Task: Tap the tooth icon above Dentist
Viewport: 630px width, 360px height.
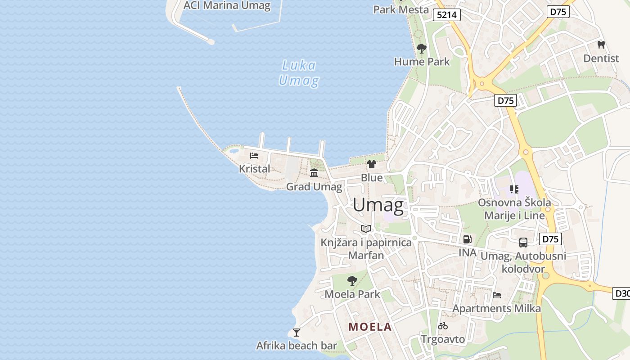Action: click(x=601, y=45)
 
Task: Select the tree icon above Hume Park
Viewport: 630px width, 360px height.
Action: click(x=422, y=49)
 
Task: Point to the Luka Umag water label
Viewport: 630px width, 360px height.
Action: click(x=299, y=73)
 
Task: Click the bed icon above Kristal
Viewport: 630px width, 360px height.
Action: click(x=254, y=156)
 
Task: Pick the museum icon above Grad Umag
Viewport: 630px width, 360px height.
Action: click(x=314, y=173)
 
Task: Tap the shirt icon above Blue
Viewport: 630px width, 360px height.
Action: click(x=372, y=164)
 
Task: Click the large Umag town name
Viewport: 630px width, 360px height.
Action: click(x=378, y=205)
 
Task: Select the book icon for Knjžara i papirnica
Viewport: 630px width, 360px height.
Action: click(x=366, y=229)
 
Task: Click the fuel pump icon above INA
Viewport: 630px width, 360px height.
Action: click(x=468, y=239)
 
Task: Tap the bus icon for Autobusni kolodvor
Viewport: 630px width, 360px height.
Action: click(x=523, y=243)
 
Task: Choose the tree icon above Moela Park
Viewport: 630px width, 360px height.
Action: click(x=352, y=281)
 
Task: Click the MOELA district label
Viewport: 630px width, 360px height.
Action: click(x=370, y=327)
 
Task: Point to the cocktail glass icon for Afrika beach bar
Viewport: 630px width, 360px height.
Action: click(x=297, y=333)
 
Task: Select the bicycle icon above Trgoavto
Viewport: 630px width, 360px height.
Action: click(x=443, y=326)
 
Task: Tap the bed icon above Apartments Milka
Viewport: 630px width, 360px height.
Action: click(x=497, y=295)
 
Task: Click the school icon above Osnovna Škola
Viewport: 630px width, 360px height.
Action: click(x=514, y=189)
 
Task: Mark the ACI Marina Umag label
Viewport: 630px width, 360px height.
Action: click(x=227, y=6)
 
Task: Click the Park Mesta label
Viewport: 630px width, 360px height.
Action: click(x=401, y=9)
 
